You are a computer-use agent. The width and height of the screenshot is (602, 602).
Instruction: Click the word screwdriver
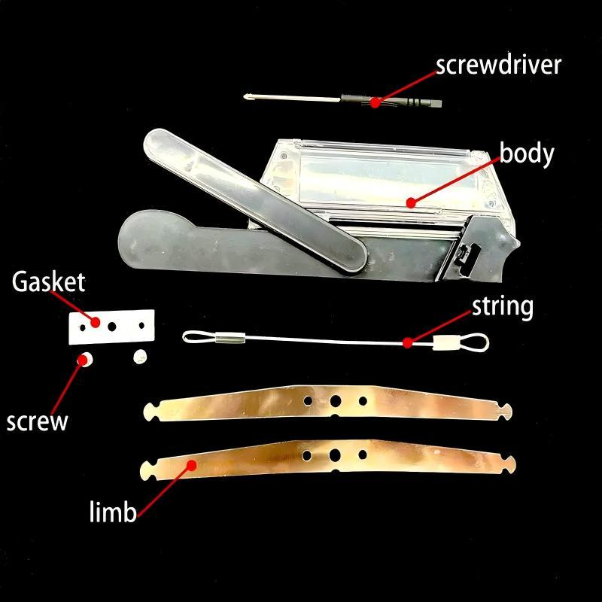point(498,65)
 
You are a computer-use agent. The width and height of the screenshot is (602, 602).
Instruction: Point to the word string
point(502,306)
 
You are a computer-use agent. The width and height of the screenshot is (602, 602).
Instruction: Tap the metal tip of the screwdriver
point(253,96)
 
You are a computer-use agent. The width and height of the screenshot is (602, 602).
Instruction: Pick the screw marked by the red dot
point(87,358)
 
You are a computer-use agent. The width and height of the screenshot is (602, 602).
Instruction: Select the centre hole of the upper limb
point(336,400)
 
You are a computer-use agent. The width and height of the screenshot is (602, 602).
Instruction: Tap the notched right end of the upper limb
point(504,411)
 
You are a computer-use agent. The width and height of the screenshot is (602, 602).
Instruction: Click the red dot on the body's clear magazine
point(409,202)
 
